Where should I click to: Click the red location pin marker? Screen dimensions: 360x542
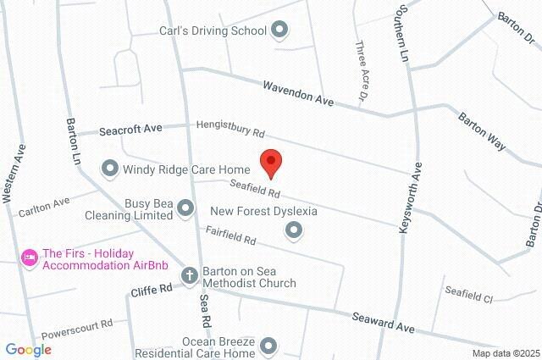pos(270,163)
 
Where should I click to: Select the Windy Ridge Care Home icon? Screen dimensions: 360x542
pos(109,169)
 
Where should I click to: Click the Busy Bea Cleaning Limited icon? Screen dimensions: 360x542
pos(186,209)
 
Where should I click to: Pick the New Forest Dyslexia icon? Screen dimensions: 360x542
pos(294,229)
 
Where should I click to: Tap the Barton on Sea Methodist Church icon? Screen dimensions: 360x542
pos(189,275)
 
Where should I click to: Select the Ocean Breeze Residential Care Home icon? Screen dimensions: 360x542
pos(268,346)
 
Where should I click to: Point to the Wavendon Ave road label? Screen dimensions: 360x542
pos(299,91)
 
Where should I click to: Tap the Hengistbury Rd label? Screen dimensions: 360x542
pos(230,128)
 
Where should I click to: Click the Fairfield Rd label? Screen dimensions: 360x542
pos(230,235)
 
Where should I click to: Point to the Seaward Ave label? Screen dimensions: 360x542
pos(383,321)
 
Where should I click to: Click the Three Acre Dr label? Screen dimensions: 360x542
pos(362,72)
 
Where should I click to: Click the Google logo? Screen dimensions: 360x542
pos(28,350)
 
